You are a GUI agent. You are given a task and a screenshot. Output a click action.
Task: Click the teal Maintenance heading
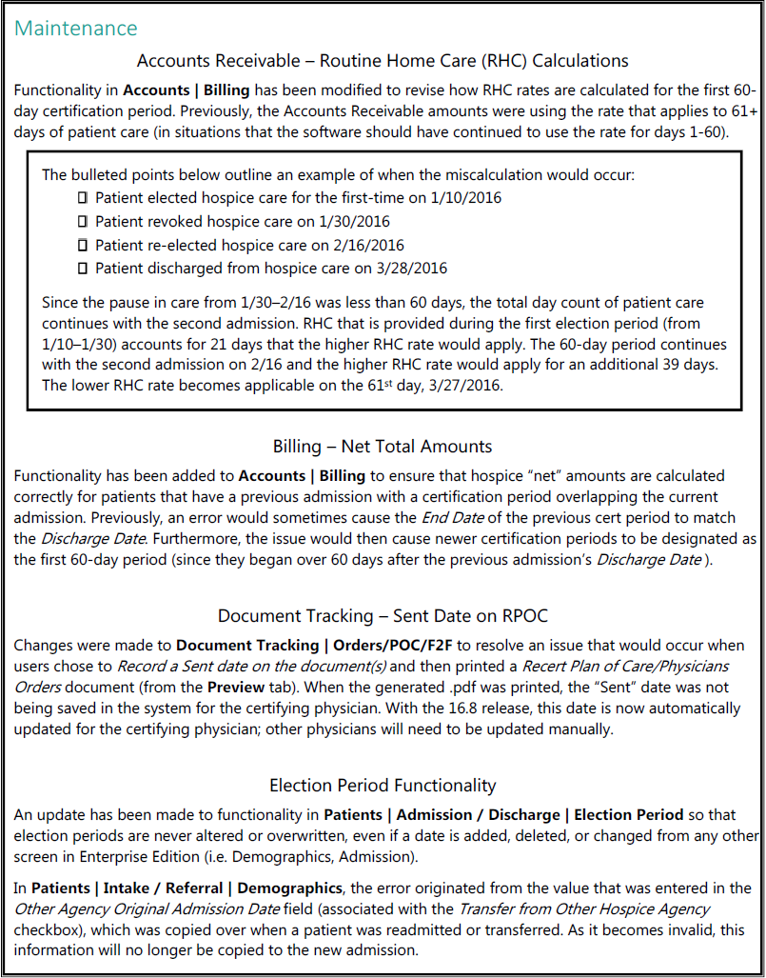coord(76,29)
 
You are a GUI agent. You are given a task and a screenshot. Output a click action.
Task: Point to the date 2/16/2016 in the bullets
coord(364,245)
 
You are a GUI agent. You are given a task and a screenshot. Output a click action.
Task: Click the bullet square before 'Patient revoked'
coord(83,221)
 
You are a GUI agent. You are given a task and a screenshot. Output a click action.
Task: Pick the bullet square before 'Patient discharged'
coord(83,268)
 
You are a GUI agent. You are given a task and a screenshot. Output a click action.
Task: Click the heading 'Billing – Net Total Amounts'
coord(383,446)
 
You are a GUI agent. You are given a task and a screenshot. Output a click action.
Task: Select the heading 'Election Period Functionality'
coord(383,786)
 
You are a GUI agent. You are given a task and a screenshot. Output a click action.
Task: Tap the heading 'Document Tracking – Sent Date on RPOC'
coord(383,615)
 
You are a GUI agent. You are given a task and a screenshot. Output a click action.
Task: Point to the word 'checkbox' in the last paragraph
coord(44,929)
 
